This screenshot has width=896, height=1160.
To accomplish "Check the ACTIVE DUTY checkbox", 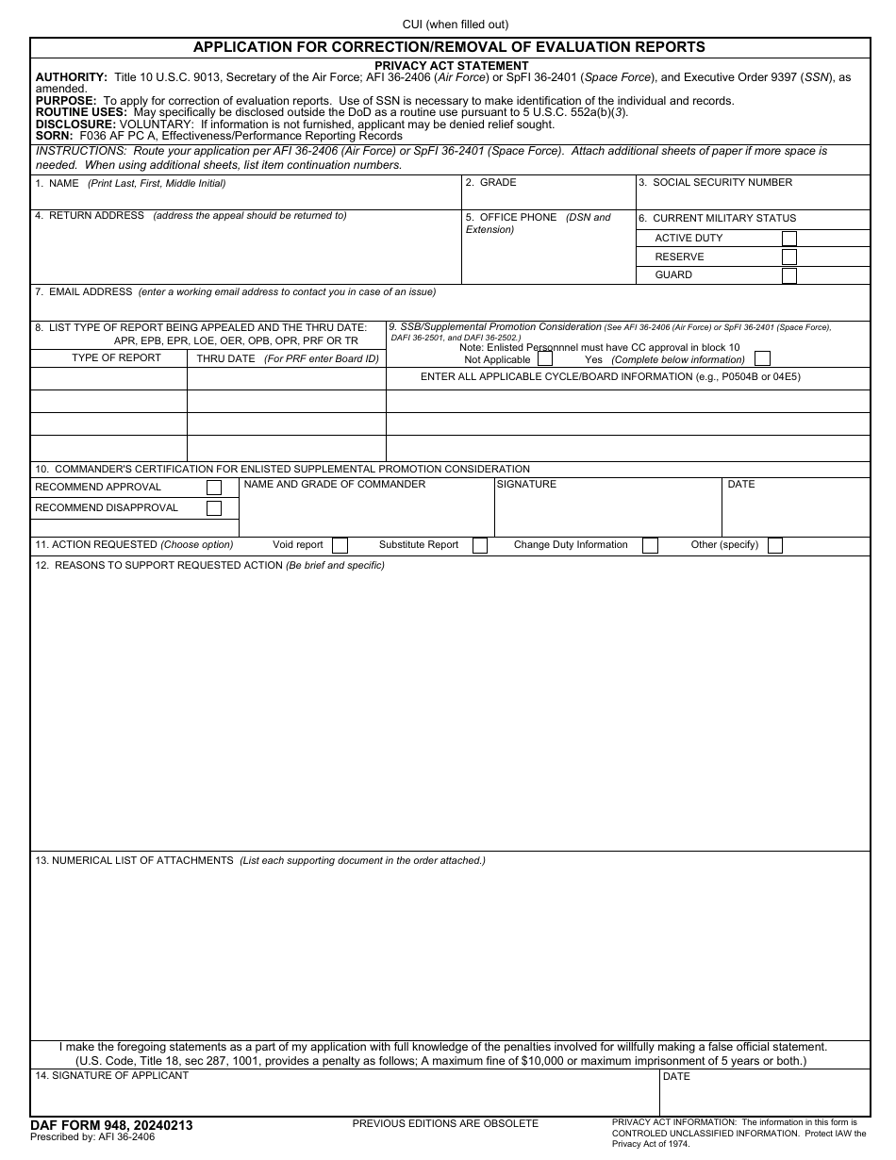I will tap(788, 239).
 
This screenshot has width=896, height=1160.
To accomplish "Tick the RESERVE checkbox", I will tap(788, 257).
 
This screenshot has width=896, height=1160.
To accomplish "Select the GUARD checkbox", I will tap(788, 275).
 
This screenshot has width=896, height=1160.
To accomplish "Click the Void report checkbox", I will tap(340, 545).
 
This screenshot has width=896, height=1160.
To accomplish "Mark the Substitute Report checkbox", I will tap(479, 545).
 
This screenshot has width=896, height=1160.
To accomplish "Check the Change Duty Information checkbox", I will tap(650, 545).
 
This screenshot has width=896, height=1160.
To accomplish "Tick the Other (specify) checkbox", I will tap(774, 545).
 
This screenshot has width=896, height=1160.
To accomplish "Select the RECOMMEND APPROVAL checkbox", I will tap(214, 488).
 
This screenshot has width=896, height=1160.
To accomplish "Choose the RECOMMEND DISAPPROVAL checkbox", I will tap(214, 508).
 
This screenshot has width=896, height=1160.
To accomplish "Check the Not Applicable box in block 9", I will tap(545, 359).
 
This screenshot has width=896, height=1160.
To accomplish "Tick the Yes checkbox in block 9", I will tap(762, 359).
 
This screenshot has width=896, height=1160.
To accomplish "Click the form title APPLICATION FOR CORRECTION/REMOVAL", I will tap(449, 47).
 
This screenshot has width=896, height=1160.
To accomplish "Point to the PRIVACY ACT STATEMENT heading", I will tap(451, 66).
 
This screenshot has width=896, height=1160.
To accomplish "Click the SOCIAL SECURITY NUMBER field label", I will tap(722, 183).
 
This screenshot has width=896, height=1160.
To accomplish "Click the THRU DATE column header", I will tap(225, 359).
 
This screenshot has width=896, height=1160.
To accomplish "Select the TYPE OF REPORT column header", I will tap(116, 358).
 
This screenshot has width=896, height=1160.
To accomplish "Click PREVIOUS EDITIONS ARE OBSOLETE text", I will tap(445, 1123).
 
